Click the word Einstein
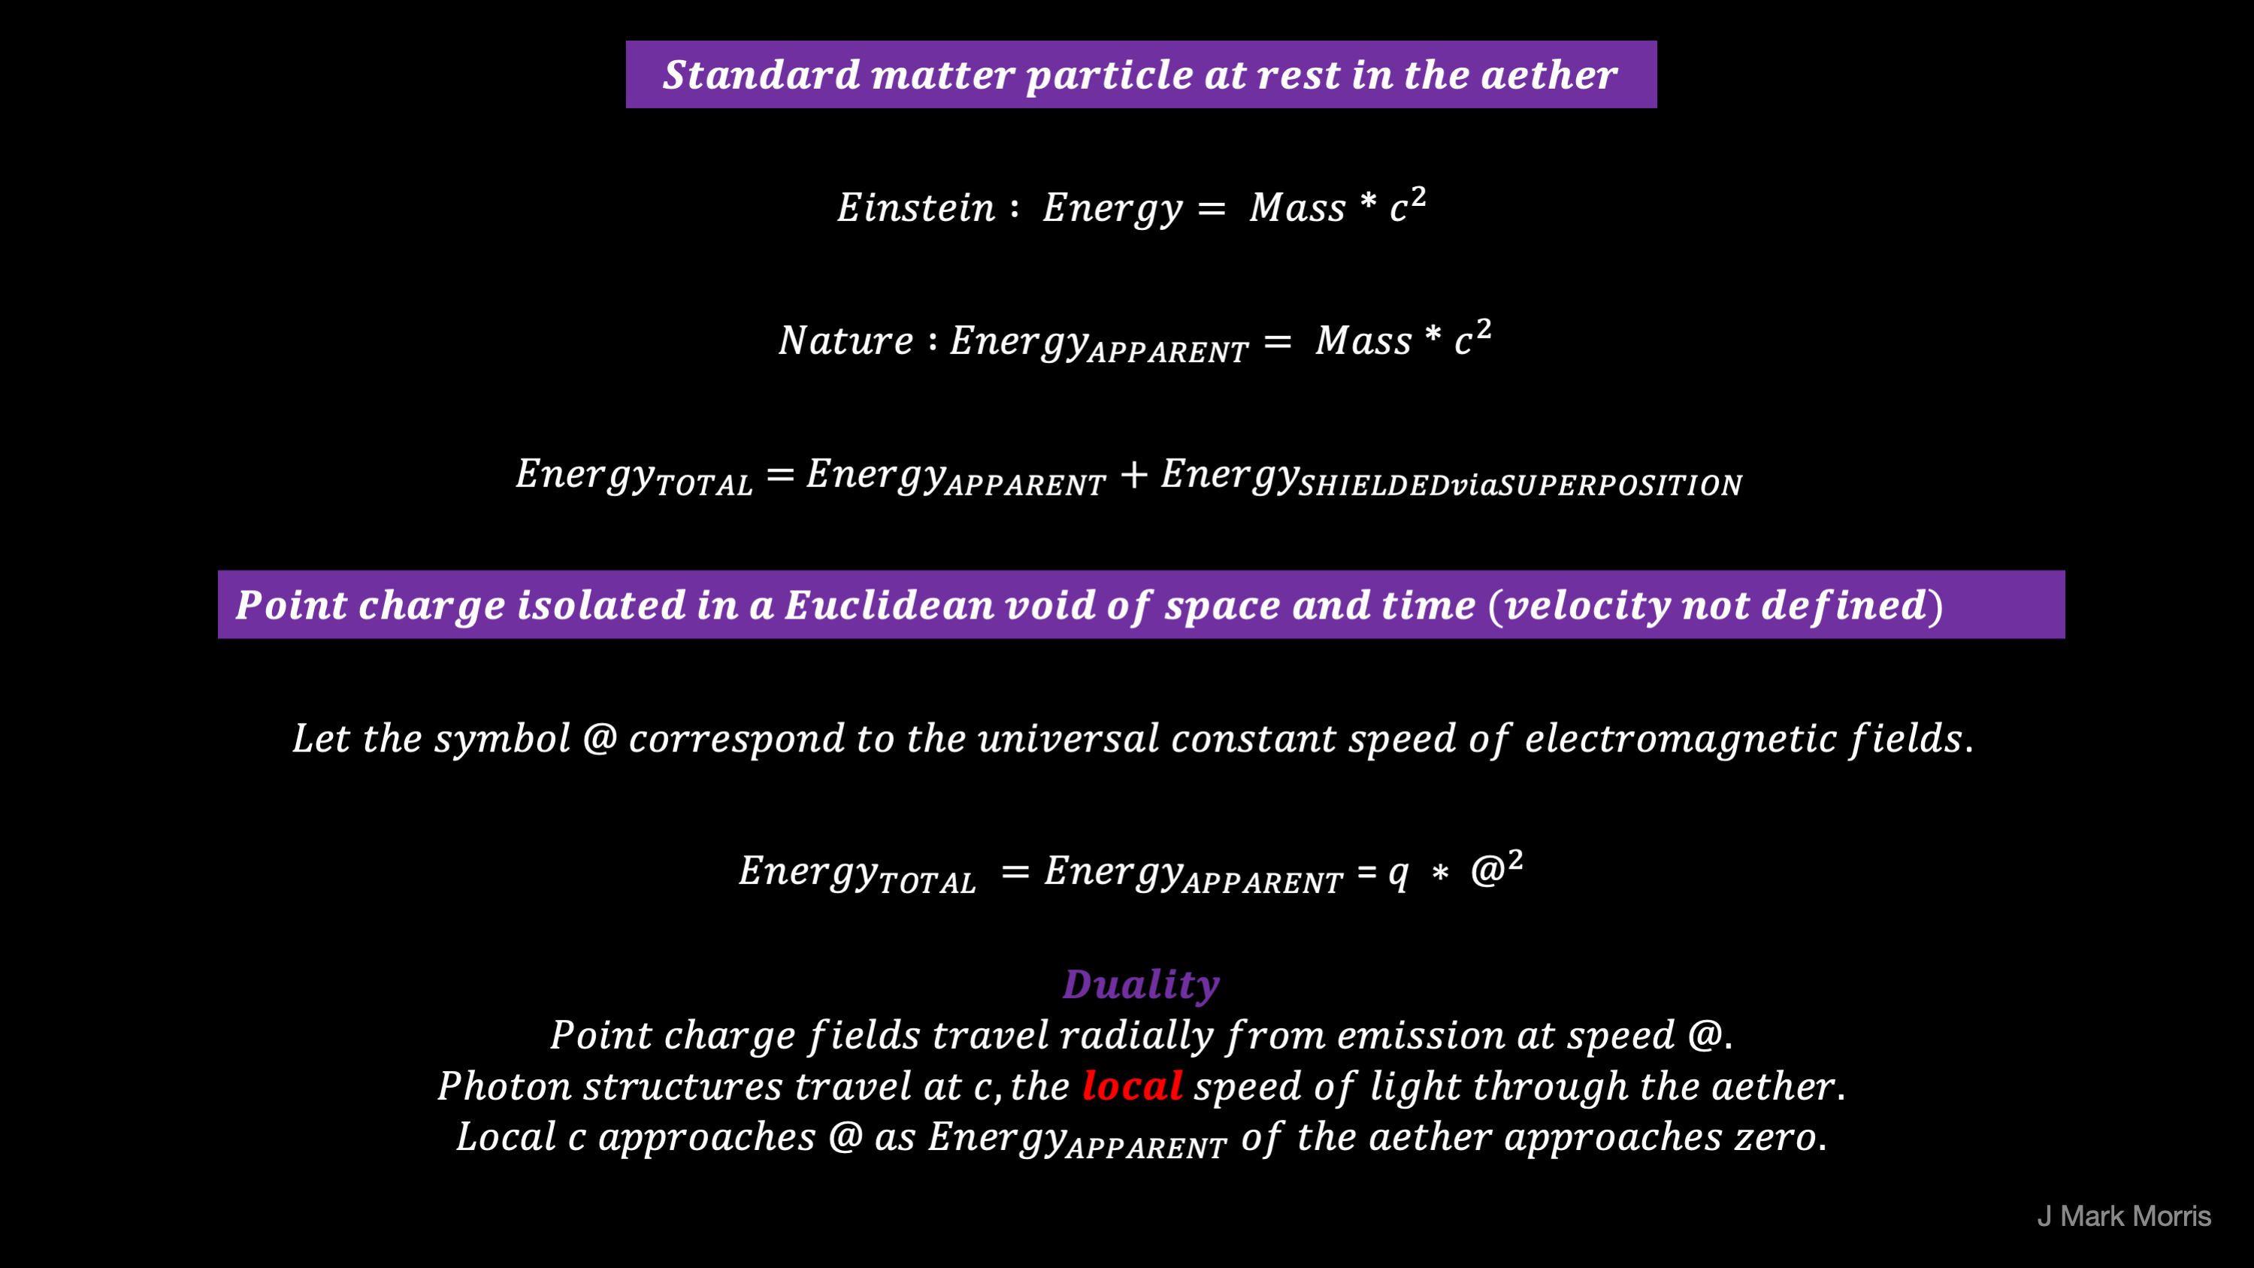[x=916, y=207]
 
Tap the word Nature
[x=846, y=340]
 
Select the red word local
[x=1132, y=1086]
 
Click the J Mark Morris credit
[x=2124, y=1216]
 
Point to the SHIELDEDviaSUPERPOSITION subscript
[x=1520, y=486]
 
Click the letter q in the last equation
[x=1398, y=874]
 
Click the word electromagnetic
[x=1679, y=739]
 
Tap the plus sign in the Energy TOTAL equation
[x=1133, y=475]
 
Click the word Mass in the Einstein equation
[x=1296, y=208]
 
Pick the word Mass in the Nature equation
[x=1363, y=341]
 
